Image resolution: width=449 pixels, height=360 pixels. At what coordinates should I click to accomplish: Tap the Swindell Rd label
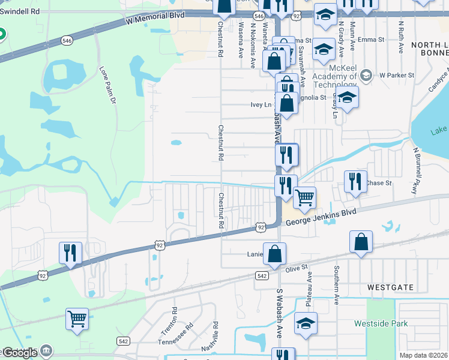pyautogui.click(x=19, y=11)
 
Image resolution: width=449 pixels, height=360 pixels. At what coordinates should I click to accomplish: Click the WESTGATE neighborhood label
pyautogui.click(x=391, y=287)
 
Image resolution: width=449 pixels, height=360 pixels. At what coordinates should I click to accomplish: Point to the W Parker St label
pyautogui.click(x=397, y=75)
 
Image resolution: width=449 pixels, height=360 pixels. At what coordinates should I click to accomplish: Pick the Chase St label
pyautogui.click(x=378, y=182)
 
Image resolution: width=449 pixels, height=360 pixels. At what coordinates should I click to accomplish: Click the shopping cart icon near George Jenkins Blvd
pyautogui.click(x=305, y=197)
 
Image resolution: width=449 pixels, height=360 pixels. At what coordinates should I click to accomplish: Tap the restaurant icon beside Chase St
pyautogui.click(x=355, y=182)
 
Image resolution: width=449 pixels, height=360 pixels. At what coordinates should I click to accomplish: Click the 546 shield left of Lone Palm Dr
pyautogui.click(x=68, y=40)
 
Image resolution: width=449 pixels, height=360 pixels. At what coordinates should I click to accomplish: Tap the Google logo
pyautogui.click(x=19, y=353)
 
